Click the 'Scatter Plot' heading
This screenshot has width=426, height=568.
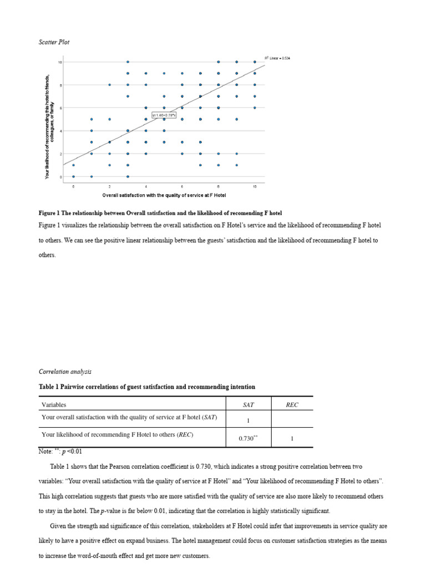coord(54,42)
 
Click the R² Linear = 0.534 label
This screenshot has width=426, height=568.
coord(277,58)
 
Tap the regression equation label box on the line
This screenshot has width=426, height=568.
coord(164,115)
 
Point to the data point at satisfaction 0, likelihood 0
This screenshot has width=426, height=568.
coord(73,176)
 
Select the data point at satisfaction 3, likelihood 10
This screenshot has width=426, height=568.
coord(128,62)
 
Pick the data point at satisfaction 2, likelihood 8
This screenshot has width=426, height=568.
coord(110,85)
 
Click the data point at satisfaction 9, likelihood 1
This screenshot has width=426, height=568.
coord(237,165)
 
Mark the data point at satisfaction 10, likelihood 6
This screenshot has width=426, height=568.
coord(255,108)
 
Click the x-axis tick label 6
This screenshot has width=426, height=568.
coord(182,187)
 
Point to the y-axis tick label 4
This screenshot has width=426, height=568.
coord(60,131)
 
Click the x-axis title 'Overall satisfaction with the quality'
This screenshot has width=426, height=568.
coord(164,196)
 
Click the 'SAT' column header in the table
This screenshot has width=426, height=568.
coord(247,404)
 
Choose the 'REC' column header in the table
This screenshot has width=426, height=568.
coord(292,404)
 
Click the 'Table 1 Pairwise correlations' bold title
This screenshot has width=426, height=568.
coord(147,386)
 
